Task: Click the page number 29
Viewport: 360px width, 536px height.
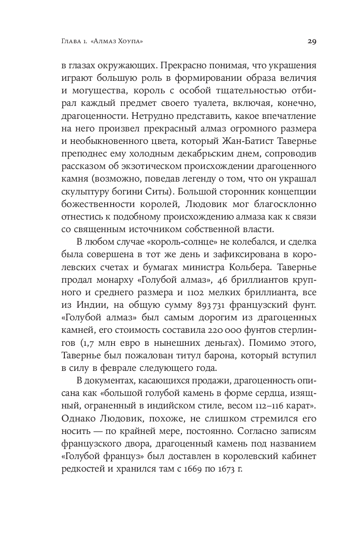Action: click(x=312, y=41)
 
